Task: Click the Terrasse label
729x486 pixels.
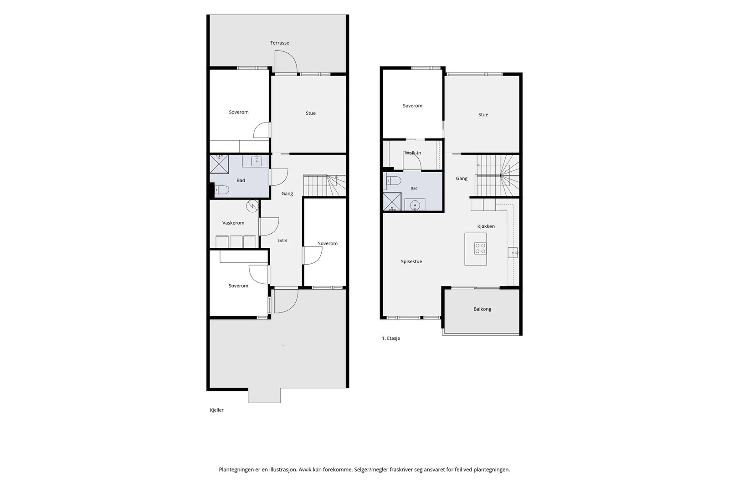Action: (280, 43)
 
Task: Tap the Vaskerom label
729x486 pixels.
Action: (233, 223)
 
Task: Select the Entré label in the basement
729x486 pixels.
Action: (282, 240)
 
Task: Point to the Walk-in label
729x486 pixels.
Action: (413, 153)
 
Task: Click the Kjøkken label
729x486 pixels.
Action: (486, 226)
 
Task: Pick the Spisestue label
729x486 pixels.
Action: (411, 261)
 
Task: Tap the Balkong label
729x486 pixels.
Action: (483, 309)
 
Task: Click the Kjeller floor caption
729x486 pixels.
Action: (217, 410)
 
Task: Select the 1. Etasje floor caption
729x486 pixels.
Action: (391, 338)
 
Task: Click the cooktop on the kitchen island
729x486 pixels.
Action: (480, 248)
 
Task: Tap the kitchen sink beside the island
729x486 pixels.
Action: (513, 252)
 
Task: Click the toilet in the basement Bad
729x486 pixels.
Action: (221, 189)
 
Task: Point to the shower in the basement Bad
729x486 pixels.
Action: (219, 164)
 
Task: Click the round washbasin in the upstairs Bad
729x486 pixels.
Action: (415, 205)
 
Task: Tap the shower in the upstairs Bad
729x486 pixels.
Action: (392, 202)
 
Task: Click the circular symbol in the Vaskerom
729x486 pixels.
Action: (252, 206)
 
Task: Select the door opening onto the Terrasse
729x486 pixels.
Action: (286, 62)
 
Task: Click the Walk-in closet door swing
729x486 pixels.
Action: (412, 161)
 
